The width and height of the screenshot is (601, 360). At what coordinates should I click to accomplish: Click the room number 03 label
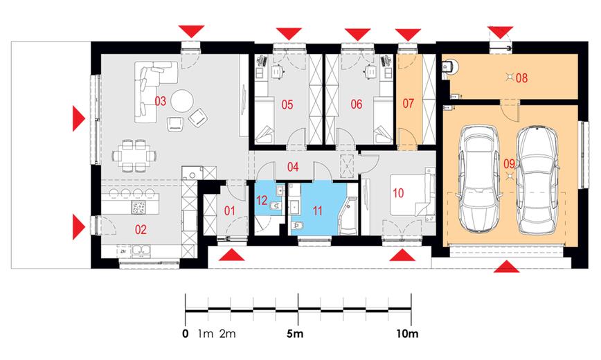pyautogui.click(x=160, y=101)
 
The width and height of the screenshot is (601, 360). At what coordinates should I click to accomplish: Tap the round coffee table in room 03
pyautogui.click(x=181, y=101)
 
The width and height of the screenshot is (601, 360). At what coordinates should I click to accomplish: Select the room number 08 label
pyautogui.click(x=521, y=78)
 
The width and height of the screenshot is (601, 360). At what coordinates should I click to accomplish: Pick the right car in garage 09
pyautogui.click(x=537, y=180)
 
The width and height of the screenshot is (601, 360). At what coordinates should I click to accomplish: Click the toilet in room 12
pyautogui.click(x=276, y=206)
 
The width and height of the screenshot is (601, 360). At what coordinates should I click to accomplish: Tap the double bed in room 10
pyautogui.click(x=413, y=195)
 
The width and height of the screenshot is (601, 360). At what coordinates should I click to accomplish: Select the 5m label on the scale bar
pyautogui.click(x=295, y=334)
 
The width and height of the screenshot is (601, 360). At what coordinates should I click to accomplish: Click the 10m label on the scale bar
pyautogui.click(x=407, y=334)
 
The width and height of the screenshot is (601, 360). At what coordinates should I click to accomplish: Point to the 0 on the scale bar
pyautogui.click(x=186, y=334)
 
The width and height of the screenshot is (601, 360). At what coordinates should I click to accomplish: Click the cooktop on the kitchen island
pyautogui.click(x=138, y=207)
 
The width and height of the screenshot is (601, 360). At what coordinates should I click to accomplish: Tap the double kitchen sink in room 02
pyautogui.click(x=141, y=251)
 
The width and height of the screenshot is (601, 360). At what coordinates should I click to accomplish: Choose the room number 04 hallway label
pyautogui.click(x=293, y=167)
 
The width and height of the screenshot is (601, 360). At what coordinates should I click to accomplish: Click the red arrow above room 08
pyautogui.click(x=500, y=32)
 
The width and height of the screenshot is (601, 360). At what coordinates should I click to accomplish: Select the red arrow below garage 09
pyautogui.click(x=506, y=267)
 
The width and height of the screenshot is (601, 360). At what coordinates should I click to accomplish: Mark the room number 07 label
pyautogui.click(x=409, y=104)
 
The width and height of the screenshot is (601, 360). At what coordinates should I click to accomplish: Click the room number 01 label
pyautogui.click(x=230, y=210)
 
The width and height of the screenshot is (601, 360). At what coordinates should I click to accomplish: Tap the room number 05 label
pyautogui.click(x=287, y=105)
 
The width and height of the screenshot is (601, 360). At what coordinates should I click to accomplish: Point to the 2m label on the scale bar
pyautogui.click(x=228, y=334)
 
